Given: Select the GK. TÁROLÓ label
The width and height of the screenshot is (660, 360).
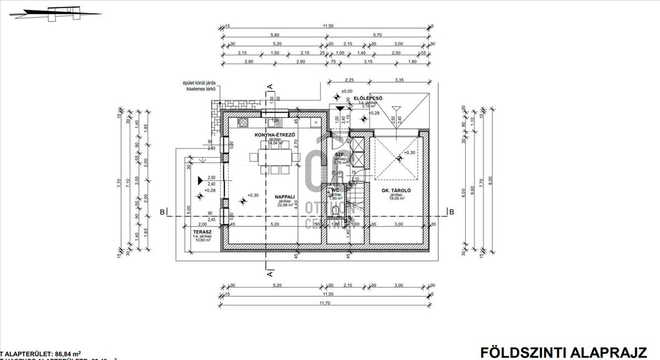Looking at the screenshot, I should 397,190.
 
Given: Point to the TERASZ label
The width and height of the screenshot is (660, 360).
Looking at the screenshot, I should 199,232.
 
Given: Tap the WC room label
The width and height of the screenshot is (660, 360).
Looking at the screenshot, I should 335,190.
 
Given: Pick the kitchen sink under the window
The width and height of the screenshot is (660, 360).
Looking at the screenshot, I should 274,120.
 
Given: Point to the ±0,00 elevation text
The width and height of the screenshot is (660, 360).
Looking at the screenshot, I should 346,91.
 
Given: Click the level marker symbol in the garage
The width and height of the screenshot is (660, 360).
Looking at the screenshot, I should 399,158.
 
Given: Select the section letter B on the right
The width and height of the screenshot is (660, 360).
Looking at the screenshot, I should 452,212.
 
